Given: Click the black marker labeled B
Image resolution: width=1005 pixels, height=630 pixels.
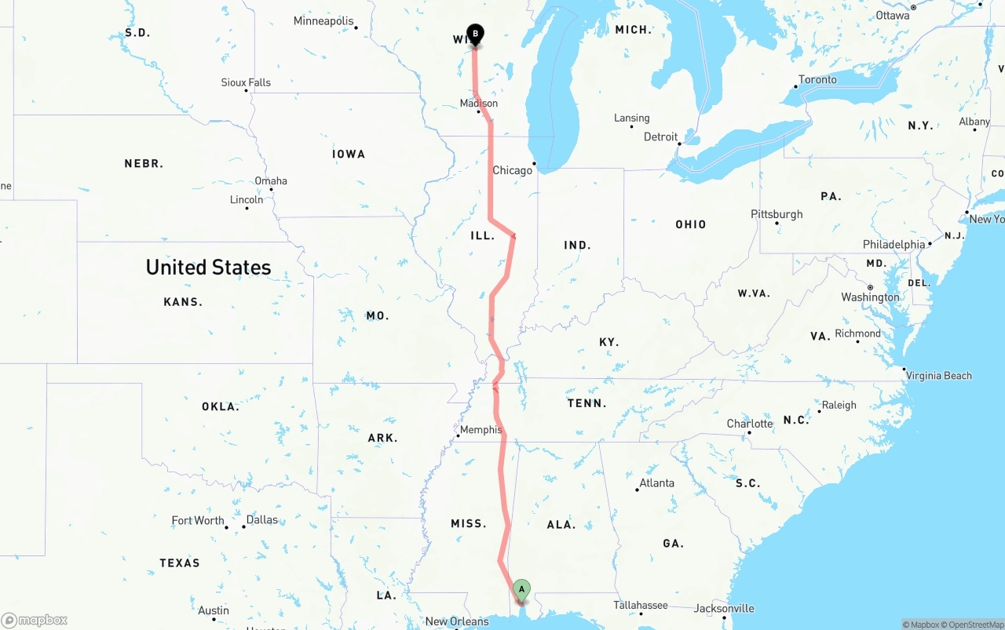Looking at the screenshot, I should tap(475, 35).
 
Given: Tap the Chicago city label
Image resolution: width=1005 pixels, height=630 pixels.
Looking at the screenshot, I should tap(512, 170).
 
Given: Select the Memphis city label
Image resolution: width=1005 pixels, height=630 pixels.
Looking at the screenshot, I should tap(481, 430).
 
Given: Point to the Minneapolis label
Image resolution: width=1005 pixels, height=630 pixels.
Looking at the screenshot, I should tap(323, 21).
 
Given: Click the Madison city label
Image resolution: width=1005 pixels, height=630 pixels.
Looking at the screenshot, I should tap(479, 104).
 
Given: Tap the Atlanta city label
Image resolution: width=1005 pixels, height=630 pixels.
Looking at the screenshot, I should tap(656, 483).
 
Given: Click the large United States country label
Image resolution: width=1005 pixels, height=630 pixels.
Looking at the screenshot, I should tap(208, 268).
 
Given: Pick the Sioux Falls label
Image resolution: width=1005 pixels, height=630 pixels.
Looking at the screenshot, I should tap(246, 82).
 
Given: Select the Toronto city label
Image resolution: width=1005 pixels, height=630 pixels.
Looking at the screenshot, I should tap(817, 80).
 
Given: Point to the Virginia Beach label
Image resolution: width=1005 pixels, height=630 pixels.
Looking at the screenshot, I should tap(939, 376).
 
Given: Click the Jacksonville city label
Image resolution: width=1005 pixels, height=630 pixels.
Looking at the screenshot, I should tap(724, 608).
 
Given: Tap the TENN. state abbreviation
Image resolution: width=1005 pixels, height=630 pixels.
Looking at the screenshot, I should tap(587, 403).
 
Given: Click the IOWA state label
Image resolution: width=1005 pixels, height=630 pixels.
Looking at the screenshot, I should tap(349, 155).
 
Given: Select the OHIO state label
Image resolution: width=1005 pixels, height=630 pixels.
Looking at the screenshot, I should tap(691, 224).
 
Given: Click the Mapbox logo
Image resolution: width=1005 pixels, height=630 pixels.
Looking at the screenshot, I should tap(35, 620).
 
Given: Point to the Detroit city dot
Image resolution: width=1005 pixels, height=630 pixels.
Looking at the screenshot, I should tap(680, 144).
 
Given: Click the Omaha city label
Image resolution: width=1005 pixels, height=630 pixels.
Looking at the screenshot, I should tap(271, 181).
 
